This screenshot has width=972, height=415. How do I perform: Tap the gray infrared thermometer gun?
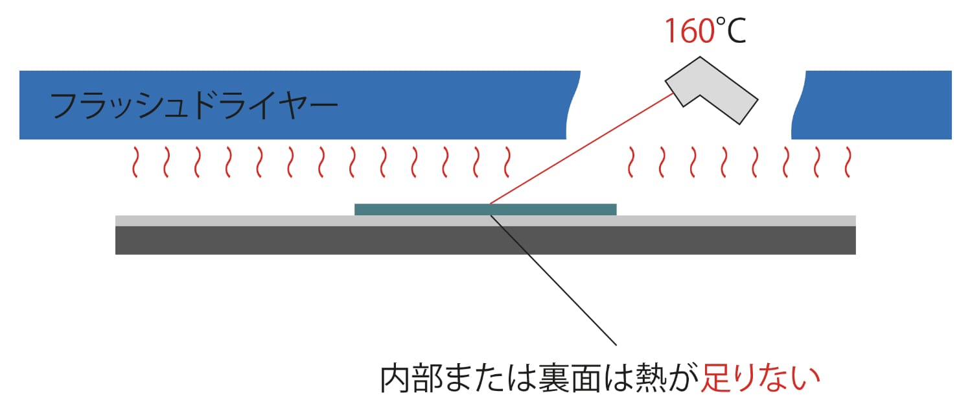pos(712,89)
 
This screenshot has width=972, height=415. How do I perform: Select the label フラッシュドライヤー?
pos(193,106)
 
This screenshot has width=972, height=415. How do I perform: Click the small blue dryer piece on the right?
pos(875,105)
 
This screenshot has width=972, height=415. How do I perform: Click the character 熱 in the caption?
pos(651,379)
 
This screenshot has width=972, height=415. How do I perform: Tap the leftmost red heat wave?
pos(135,162)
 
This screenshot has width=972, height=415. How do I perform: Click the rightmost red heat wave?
pos(847,162)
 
